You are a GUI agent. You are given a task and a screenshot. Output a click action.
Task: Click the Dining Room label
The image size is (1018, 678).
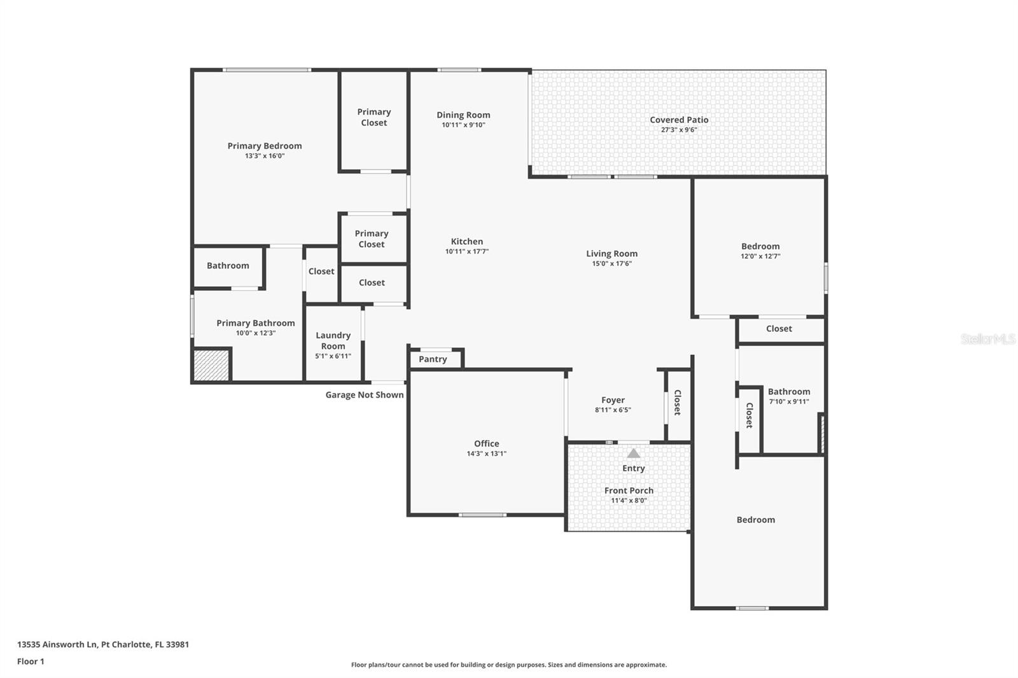point(463,115)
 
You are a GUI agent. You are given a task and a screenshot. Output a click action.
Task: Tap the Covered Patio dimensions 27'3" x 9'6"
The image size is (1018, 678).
point(679,130)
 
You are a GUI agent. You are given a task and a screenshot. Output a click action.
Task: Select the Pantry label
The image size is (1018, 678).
point(433,359)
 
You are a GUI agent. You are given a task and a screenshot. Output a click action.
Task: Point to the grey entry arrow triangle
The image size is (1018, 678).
point(634,453)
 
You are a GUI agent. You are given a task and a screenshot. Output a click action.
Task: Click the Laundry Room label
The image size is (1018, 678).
point(333,340)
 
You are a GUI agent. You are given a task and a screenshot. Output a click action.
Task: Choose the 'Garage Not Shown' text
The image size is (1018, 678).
point(365,395)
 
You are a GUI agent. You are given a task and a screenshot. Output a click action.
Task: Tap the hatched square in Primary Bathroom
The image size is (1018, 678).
point(211,365)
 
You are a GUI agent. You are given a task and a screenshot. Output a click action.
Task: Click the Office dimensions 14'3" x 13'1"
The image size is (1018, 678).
point(486,453)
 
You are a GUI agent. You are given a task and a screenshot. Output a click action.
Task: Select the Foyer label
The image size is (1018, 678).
point(613,400)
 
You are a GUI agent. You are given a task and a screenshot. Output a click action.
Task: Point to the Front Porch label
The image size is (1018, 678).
point(629,490)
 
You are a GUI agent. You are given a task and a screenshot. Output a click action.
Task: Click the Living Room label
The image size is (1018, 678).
point(611,254)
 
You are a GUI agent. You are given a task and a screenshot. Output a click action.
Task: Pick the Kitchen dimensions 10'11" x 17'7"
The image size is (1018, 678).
point(467,251)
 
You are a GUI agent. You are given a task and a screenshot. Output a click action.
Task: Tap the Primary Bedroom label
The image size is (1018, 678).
point(265,146)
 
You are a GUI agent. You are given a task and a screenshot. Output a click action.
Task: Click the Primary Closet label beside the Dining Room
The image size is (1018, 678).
point(373,117)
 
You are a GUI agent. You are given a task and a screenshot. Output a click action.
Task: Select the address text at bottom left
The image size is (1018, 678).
point(103,644)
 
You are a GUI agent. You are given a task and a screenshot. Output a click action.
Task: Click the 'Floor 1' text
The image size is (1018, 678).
point(31,661)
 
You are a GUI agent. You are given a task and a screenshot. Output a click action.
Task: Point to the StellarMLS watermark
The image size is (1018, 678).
point(987,338)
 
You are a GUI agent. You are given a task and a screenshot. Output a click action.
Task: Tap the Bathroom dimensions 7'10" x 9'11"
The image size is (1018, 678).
point(789,401)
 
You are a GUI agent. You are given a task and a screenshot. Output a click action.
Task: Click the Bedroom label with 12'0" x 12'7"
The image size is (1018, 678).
point(760,246)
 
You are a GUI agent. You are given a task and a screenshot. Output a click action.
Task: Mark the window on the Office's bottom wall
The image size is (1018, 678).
point(482,515)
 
